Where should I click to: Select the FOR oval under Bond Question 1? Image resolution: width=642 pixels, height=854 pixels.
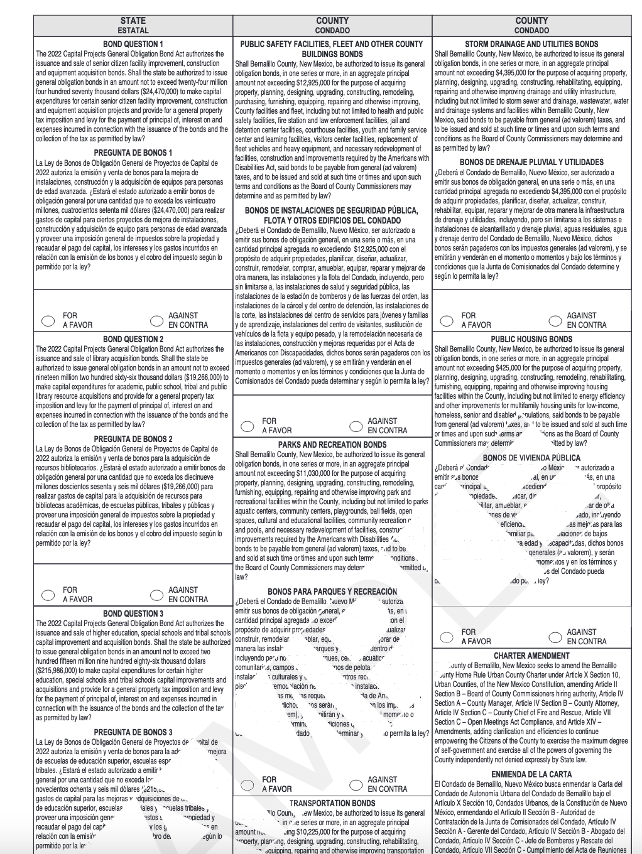click(48, 320)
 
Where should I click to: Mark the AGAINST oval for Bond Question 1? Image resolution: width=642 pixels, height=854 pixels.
click(156, 320)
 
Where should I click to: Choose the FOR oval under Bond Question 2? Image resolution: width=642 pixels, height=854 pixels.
click(48, 595)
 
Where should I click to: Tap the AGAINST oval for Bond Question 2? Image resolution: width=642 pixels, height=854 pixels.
click(156, 595)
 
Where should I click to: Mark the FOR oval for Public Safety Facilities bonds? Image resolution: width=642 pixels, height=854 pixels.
click(248, 426)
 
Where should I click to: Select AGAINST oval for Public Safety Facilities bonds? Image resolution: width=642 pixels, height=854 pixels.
click(356, 426)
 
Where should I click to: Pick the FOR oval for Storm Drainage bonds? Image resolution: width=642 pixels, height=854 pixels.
click(447, 320)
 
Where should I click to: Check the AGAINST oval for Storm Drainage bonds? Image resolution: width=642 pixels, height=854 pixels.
click(555, 320)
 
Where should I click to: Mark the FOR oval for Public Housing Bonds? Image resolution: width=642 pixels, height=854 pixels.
click(447, 637)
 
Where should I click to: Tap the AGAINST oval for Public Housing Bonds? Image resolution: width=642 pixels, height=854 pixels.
click(555, 637)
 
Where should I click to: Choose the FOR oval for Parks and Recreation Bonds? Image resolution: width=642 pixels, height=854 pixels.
click(248, 784)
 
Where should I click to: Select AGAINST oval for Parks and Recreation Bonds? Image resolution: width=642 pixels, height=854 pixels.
click(356, 784)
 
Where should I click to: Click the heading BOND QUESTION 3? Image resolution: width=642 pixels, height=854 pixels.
click(133, 613)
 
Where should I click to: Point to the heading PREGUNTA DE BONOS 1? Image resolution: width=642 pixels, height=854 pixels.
click(133, 153)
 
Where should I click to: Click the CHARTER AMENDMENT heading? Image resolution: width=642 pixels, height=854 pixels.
click(531, 656)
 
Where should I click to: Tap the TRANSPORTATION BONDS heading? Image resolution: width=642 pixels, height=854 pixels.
click(332, 803)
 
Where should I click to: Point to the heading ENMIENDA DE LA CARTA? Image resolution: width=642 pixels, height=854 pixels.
click(531, 774)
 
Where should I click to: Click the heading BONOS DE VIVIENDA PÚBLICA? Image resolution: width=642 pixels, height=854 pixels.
click(531, 458)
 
